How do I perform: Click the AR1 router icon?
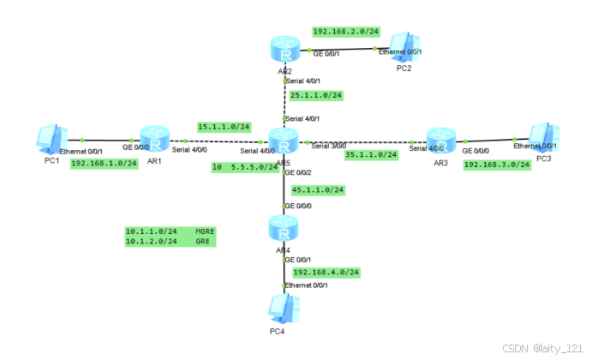tap(154, 137)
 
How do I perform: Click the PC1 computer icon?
tap(49, 138)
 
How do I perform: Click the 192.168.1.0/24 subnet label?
tap(104, 163)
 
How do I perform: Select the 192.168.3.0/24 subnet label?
tap(497, 165)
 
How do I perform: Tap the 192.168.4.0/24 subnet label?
tap(326, 272)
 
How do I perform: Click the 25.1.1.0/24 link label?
tap(316, 94)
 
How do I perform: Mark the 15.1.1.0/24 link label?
tap(224, 126)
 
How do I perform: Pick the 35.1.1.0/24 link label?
tap(371, 155)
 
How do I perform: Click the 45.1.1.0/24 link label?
tap(318, 189)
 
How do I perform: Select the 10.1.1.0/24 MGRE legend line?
tap(169, 231)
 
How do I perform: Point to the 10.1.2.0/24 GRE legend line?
tap(169, 242)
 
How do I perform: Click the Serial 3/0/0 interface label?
tap(330, 146)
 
